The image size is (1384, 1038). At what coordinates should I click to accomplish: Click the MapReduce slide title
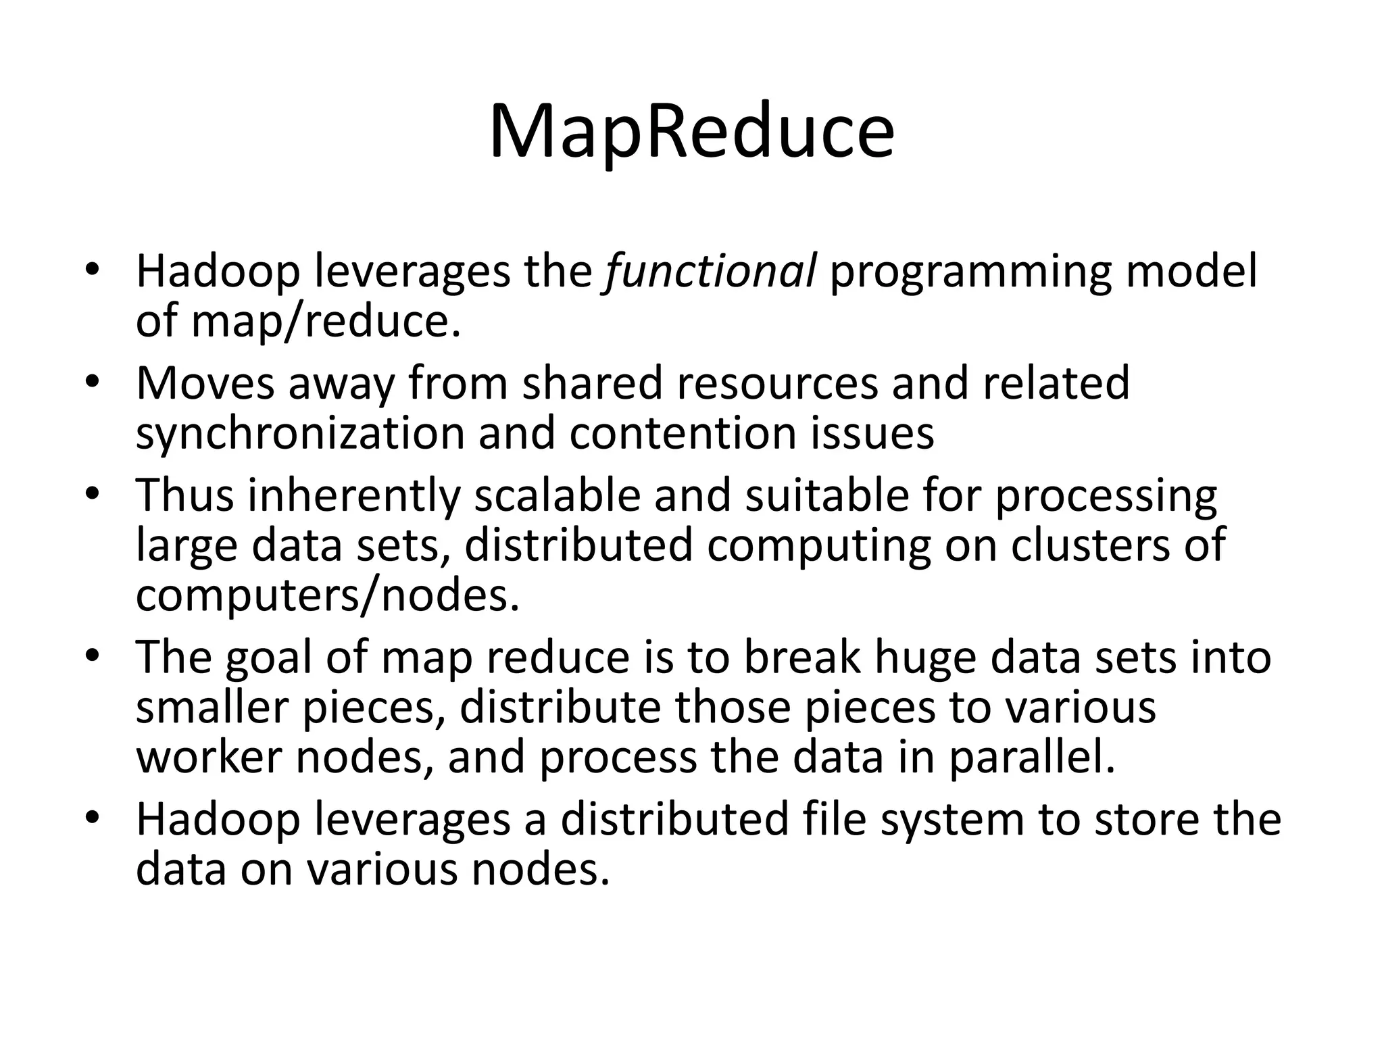coord(691,132)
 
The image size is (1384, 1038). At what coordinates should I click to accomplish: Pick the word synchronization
coord(300,433)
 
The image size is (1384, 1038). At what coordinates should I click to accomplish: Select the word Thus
coord(184,495)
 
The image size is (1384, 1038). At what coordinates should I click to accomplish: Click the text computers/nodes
coord(328,595)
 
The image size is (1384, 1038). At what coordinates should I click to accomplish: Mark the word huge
coord(926,658)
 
